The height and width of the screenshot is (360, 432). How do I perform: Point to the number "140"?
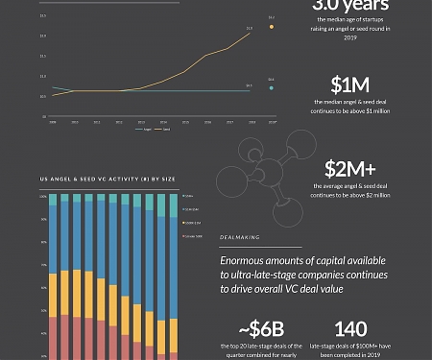352,329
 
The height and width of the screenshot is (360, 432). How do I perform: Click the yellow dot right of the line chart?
272,27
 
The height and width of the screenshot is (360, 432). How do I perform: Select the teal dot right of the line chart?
272,88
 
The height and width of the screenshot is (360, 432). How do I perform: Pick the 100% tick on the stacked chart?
42,195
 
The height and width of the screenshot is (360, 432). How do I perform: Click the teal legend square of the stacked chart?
181,196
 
